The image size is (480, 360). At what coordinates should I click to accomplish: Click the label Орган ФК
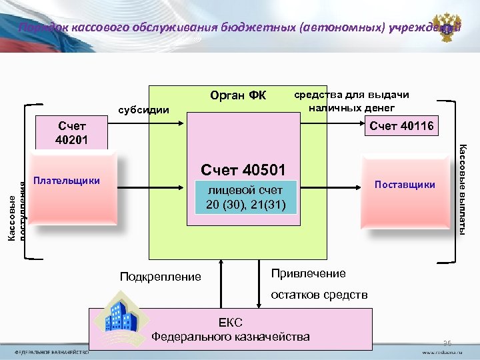[237, 97]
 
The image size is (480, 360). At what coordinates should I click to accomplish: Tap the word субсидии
[143, 109]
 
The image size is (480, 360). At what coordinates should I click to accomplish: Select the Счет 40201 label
[72, 133]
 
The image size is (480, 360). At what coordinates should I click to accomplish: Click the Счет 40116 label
[401, 126]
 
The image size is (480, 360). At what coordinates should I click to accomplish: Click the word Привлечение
[309, 273]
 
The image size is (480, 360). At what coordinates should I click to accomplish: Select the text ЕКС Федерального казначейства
[230, 330]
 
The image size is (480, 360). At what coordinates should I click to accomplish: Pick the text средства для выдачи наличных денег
[351, 101]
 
